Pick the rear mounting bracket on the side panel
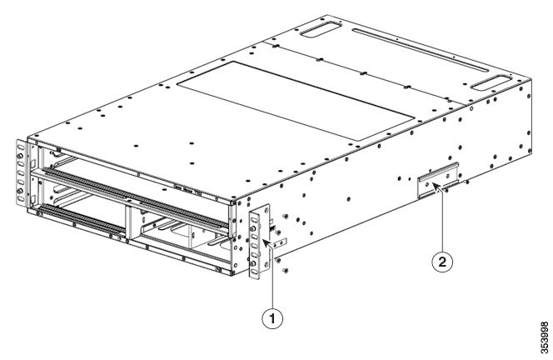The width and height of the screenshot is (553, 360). tap(437, 182)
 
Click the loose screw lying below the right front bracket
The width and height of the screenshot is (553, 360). tap(286, 269)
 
